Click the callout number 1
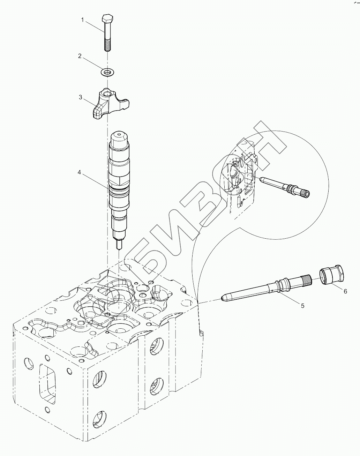83,20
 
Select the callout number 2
80,56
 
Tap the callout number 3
81,97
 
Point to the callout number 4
80,172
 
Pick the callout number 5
302,306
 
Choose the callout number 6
345,291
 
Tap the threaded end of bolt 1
107,45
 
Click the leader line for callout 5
290,299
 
